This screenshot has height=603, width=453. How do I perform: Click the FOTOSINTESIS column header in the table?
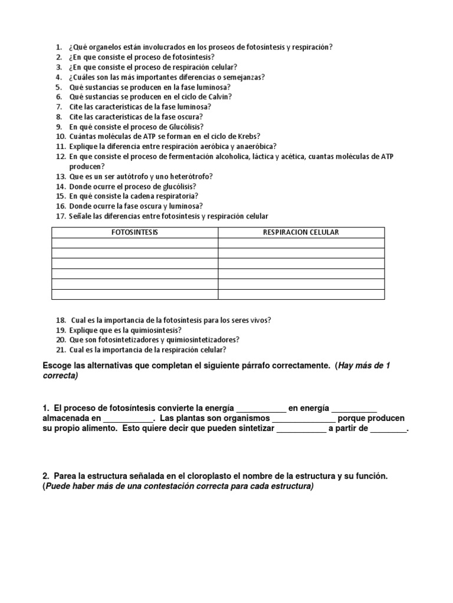click(135, 233)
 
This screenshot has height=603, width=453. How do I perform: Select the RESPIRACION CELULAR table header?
click(301, 233)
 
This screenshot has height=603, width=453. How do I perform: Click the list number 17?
click(60, 217)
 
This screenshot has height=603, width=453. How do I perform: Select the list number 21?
click(60, 350)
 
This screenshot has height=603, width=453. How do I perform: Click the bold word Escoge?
click(57, 366)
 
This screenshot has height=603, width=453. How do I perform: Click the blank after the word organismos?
click(304, 419)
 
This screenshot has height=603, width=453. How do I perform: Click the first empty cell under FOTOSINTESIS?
click(135, 243)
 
